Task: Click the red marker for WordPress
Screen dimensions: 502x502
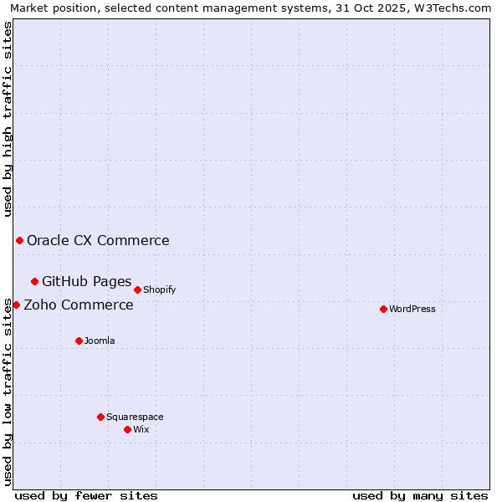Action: (383, 309)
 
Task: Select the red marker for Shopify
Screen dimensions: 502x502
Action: (137, 289)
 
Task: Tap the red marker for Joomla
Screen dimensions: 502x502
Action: (79, 341)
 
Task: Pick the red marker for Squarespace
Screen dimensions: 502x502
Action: (100, 417)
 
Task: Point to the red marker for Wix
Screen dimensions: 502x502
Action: (127, 429)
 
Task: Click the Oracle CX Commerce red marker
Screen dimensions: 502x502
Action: (19, 240)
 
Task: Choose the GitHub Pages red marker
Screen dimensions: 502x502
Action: (34, 281)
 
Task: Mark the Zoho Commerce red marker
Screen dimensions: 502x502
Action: (16, 305)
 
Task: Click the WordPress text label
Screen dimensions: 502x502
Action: (412, 309)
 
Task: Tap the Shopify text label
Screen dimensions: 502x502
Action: (159, 289)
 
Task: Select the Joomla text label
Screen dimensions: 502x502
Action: (100, 341)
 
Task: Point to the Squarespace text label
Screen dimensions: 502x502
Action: (135, 417)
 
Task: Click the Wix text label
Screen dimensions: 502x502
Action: (141, 429)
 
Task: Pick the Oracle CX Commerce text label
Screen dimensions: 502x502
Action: (98, 241)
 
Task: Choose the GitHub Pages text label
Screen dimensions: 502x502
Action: (87, 282)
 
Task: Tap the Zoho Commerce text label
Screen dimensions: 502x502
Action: (79, 305)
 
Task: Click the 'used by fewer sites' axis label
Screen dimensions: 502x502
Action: (86, 495)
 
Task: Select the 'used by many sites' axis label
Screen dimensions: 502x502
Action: (420, 495)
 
